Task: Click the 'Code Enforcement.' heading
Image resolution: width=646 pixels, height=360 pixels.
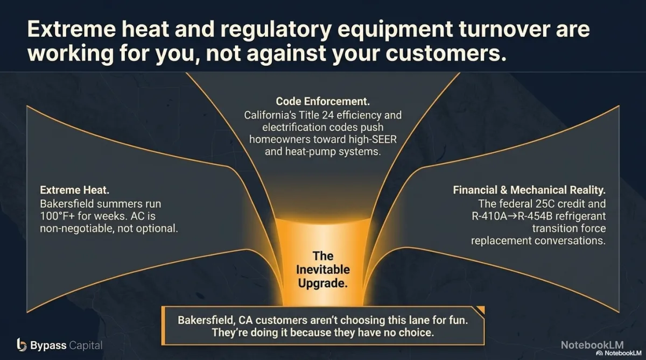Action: tap(322, 102)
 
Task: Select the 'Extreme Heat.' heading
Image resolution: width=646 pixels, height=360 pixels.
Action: tap(75, 190)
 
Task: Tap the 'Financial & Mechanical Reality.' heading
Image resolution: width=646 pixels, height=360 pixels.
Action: tap(529, 190)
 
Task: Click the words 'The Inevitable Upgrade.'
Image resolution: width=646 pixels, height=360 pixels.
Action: tap(323, 270)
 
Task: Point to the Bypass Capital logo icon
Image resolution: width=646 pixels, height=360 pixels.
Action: tap(22, 345)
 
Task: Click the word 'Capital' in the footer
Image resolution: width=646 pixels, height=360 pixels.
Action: tap(86, 345)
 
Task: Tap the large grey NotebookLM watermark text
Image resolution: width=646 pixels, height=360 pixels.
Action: tap(592, 345)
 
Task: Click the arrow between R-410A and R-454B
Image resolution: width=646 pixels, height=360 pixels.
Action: tap(512, 216)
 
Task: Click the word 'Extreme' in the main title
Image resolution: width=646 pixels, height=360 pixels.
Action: tap(72, 30)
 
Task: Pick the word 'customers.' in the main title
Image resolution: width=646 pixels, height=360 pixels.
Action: tap(446, 54)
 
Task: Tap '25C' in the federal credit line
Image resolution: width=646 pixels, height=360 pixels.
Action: tap(545, 204)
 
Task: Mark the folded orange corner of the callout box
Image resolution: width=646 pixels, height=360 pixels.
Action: tap(480, 310)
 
